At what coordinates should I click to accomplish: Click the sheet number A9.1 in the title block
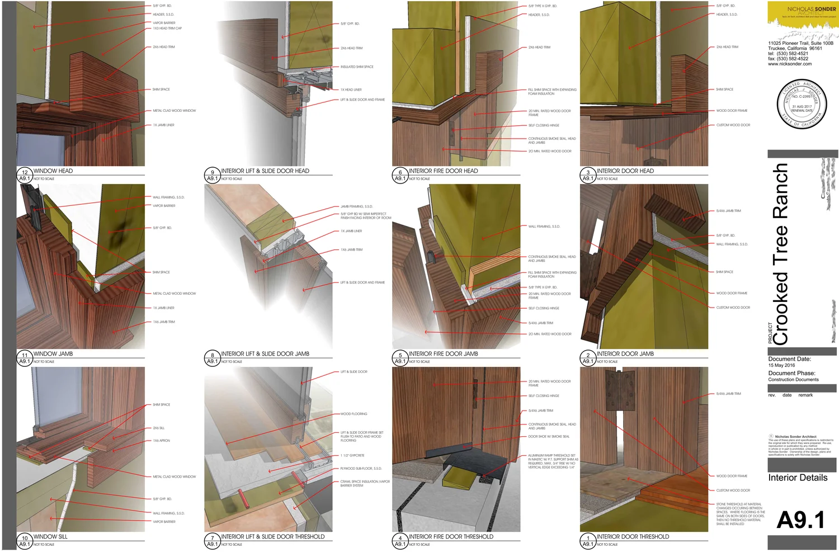click(800, 520)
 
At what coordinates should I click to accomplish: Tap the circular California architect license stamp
click(801, 105)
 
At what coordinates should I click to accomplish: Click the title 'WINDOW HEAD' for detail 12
click(53, 171)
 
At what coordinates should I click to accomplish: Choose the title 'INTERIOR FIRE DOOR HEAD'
click(443, 171)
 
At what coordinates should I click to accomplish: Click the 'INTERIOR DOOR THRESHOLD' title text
click(633, 537)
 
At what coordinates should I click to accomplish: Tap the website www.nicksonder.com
click(789, 64)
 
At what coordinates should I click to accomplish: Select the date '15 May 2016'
click(781, 366)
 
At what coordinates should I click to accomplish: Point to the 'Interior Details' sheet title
click(798, 478)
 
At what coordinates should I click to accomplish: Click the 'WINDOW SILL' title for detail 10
click(50, 537)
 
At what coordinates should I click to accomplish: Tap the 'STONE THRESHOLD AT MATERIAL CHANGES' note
click(739, 514)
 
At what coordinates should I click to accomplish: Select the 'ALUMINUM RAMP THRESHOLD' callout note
click(552, 461)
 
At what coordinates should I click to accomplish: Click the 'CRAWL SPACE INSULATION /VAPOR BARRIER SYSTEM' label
click(365, 483)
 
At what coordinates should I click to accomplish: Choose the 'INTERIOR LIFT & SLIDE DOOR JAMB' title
click(265, 354)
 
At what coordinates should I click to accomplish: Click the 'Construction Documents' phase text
click(793, 380)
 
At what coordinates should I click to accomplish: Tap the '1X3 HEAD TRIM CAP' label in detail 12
click(167, 29)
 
